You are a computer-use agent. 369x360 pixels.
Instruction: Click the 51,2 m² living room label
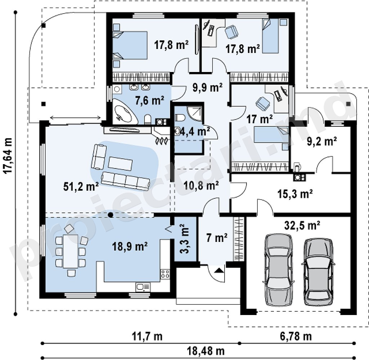[81, 186]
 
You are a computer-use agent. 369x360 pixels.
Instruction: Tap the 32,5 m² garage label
[302, 225]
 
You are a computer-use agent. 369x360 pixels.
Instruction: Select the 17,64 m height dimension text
[8, 156]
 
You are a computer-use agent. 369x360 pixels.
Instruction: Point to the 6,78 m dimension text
[296, 337]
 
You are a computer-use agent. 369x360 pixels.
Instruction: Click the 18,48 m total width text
[206, 351]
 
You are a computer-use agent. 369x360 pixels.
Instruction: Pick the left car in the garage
[279, 270]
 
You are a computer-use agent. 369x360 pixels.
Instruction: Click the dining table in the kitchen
[70, 251]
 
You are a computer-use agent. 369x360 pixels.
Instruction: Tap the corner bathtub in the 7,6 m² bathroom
[124, 112]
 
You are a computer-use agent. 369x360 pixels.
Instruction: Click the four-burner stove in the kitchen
[165, 274]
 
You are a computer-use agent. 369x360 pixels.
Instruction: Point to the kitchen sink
[143, 287]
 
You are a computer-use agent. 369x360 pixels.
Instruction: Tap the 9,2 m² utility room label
[322, 141]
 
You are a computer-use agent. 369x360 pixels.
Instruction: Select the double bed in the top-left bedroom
[130, 45]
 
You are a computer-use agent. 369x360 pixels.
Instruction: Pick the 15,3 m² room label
[295, 194]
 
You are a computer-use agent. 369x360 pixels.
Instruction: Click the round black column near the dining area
[110, 215]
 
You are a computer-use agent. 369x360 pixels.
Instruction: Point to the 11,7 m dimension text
[147, 337]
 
